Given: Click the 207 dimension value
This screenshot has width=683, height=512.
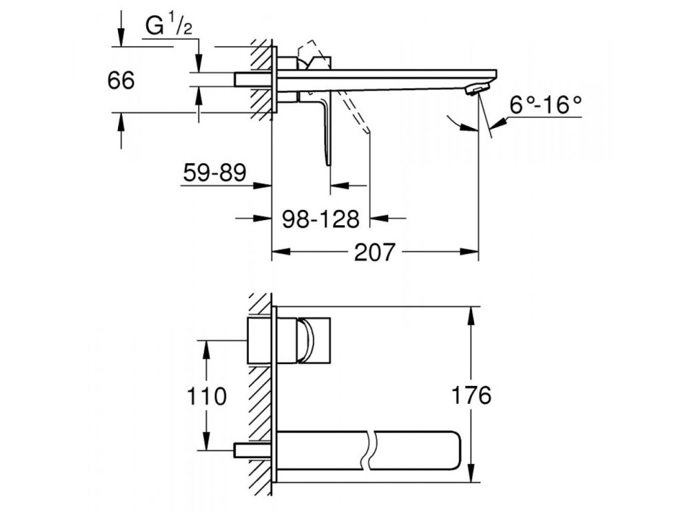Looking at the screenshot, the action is pos(374,251).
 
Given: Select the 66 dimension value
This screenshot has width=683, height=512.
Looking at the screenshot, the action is pos(121,81).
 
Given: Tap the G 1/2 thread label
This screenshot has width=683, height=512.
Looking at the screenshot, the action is pos(169,26).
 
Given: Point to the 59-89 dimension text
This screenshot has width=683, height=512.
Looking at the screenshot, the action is pos(214,172).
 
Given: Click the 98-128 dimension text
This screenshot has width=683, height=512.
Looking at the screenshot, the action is pos(321,219).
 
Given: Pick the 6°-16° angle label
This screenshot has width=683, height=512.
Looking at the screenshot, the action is pos(546,105).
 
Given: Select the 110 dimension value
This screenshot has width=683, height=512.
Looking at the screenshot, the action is pos(207,396).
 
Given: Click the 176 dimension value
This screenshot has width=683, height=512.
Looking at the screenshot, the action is pos(471,395).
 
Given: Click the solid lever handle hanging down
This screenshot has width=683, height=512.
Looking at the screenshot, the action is pos(325,131).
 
